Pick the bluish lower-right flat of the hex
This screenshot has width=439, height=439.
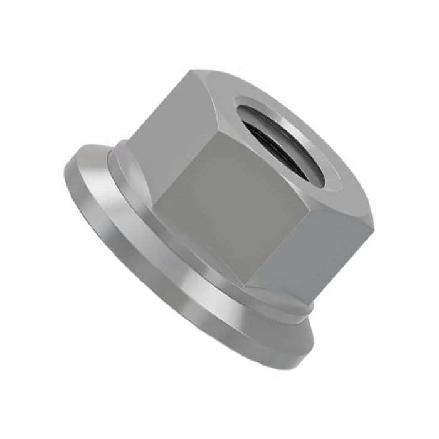point(320,251)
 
